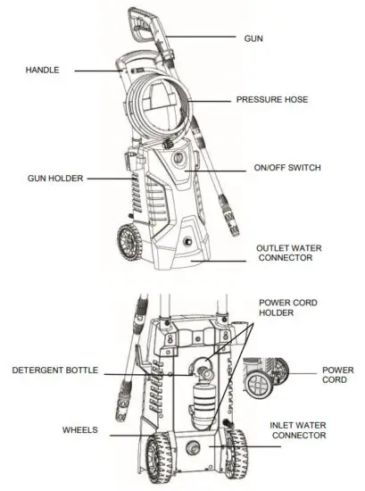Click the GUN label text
(254, 39)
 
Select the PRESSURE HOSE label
(272, 100)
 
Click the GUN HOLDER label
(55, 179)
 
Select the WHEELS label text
(80, 429)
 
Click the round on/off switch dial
(178, 162)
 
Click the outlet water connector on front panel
(187, 242)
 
